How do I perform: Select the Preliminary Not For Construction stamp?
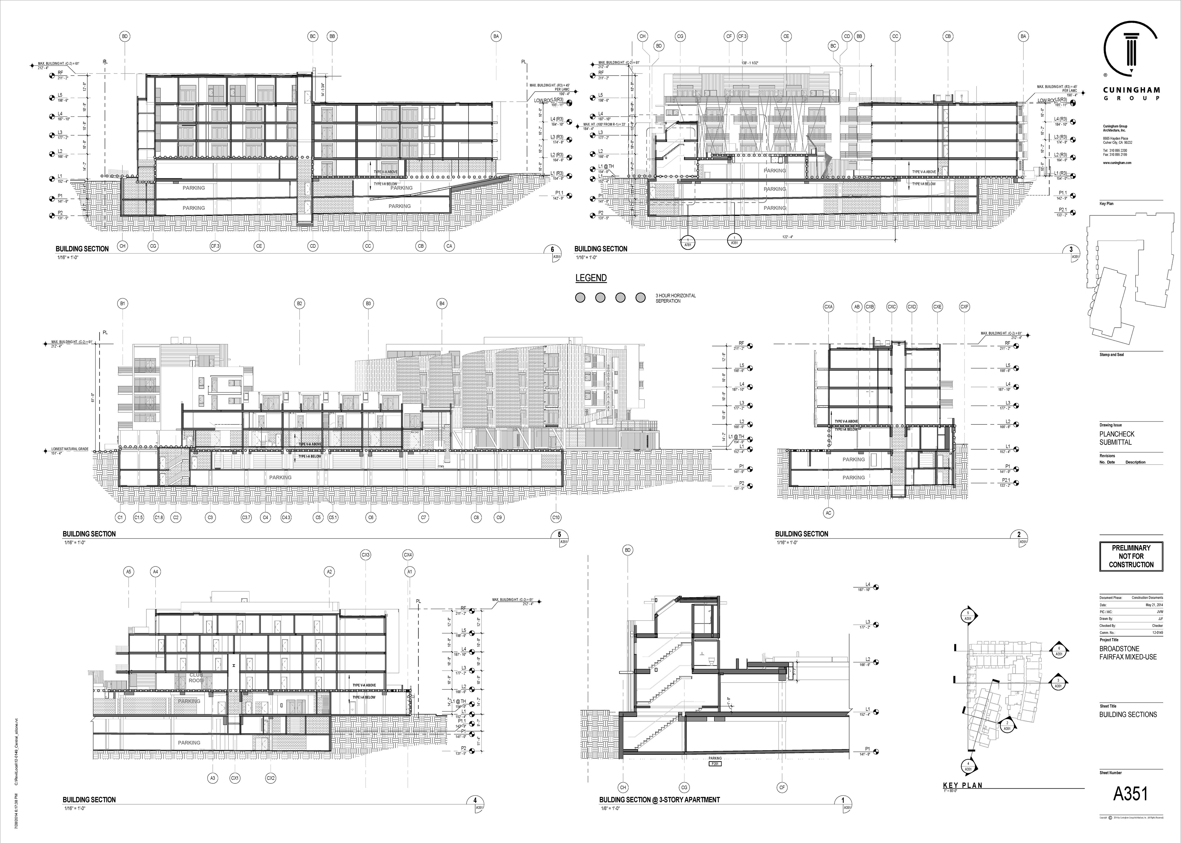click(x=1131, y=556)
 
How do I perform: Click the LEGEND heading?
click(x=590, y=278)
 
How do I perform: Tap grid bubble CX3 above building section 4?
click(x=366, y=555)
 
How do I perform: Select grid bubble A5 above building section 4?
click(x=129, y=572)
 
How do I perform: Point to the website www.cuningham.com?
click(x=1117, y=163)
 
